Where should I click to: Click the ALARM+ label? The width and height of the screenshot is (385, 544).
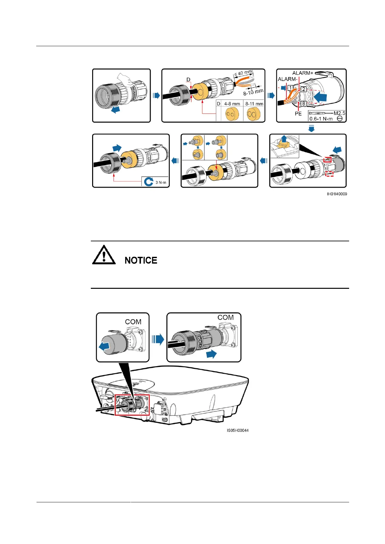(303, 73)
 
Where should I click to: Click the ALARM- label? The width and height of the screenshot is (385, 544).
(287, 79)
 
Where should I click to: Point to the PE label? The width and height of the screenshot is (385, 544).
(298, 114)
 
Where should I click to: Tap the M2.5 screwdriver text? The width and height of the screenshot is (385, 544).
(339, 113)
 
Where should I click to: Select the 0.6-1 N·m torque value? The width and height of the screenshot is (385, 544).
(321, 119)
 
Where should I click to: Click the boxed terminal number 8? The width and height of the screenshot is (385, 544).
(304, 104)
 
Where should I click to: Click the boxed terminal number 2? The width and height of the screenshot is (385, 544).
(304, 89)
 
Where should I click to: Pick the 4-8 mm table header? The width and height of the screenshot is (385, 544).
(232, 104)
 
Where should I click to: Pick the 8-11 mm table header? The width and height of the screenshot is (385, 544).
(254, 104)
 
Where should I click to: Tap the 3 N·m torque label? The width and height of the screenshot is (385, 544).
(161, 182)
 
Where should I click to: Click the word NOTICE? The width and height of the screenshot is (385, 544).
(141, 260)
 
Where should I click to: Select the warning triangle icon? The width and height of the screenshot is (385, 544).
(104, 255)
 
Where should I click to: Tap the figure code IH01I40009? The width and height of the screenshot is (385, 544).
(337, 194)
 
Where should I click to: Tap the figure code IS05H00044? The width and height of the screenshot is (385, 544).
(238, 430)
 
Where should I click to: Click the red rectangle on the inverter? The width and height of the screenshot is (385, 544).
(132, 405)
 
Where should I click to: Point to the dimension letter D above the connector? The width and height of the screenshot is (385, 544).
(188, 79)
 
